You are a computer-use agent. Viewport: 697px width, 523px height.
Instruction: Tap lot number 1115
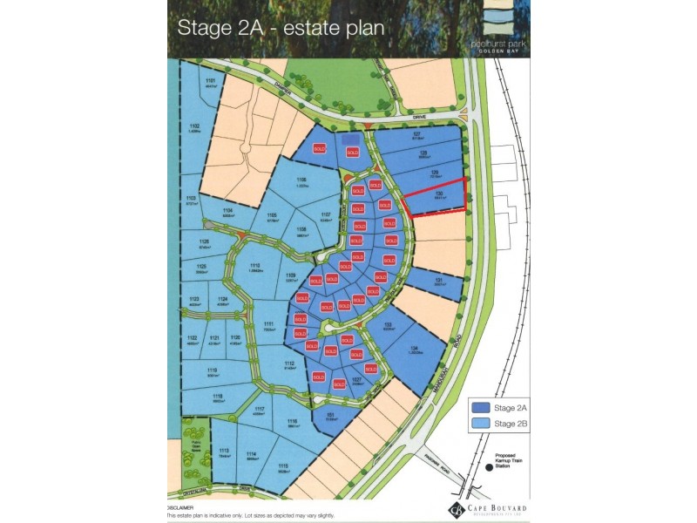tap(282, 466)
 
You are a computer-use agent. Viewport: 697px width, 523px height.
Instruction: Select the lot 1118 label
tap(216, 396)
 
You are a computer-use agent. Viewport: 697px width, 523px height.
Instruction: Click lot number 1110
tap(255, 265)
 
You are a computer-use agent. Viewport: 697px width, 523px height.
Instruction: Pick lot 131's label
tap(439, 279)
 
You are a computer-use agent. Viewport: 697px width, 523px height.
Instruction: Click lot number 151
tap(330, 415)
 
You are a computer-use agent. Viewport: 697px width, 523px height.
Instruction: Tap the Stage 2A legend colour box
tap(479, 406)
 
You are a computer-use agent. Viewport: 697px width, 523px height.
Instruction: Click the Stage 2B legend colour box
tap(479, 424)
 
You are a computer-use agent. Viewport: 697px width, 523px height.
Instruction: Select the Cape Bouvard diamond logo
tap(455, 509)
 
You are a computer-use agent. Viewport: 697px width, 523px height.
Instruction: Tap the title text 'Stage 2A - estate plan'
tap(281, 27)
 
